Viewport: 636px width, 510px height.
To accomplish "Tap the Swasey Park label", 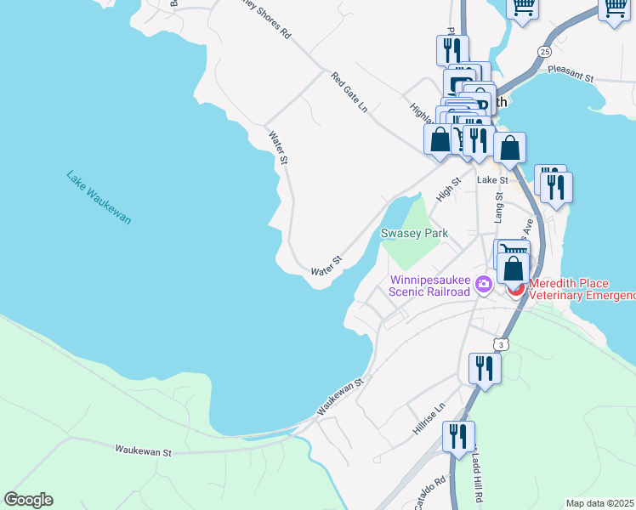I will coord(414,233).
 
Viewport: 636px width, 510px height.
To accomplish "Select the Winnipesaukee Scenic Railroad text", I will coord(429,286).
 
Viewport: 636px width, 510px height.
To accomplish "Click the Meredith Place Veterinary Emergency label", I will coord(582,289).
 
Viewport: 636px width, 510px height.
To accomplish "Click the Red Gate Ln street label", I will coord(349,93).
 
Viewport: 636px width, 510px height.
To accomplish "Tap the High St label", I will coord(448,189).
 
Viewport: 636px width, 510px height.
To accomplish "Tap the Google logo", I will coord(28,500).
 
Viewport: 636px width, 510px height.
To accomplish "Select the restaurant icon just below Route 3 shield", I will coord(485,369).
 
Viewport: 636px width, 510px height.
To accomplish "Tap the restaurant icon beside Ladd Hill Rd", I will coord(458,437).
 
